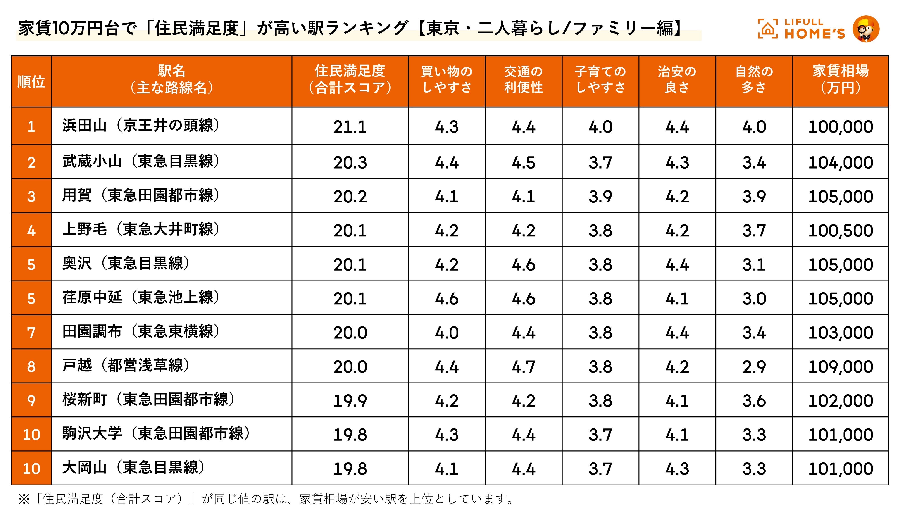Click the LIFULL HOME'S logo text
click(814, 29)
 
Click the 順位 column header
click(31, 81)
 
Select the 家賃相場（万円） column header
click(840, 80)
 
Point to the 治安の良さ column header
click(677, 80)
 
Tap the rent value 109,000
click(840, 367)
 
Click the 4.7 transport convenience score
click(524, 367)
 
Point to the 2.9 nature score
click(754, 367)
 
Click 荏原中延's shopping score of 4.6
click(447, 299)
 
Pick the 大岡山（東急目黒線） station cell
click(133, 468)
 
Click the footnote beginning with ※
click(267, 499)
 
